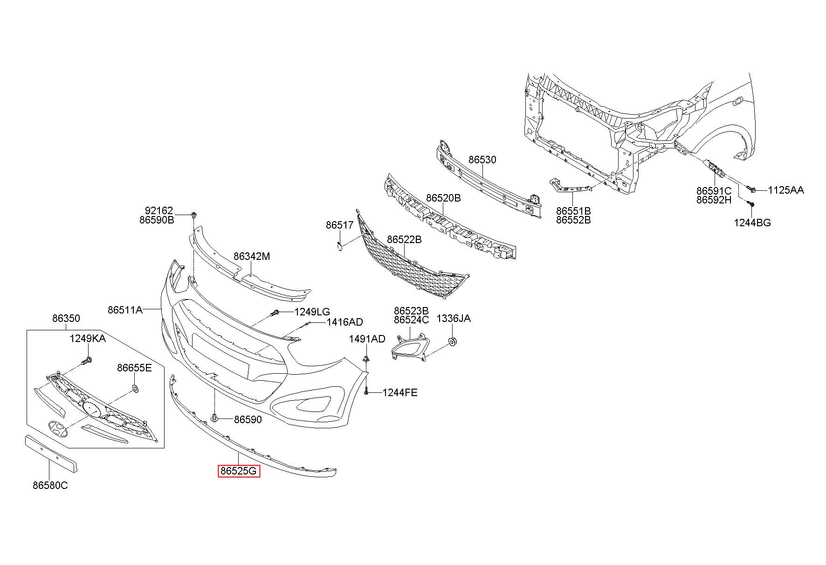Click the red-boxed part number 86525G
(x=239, y=471)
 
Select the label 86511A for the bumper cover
(x=125, y=310)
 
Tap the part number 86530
(x=482, y=160)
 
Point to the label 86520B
(x=443, y=198)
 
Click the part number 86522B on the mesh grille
(x=404, y=239)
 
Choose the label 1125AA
(x=786, y=190)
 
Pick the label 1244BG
(x=752, y=223)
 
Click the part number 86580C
(x=50, y=485)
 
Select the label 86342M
(x=252, y=256)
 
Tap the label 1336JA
(x=454, y=318)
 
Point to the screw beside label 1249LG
(x=275, y=313)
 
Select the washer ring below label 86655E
(x=135, y=388)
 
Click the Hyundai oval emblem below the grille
(x=57, y=429)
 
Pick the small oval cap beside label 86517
(x=340, y=243)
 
